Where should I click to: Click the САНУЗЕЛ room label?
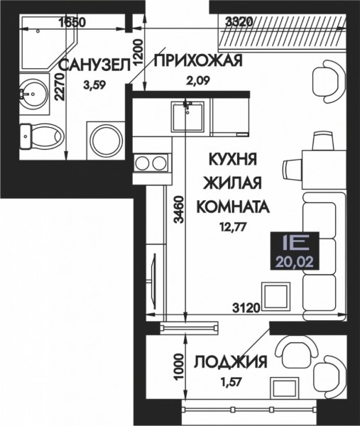tap(95, 66)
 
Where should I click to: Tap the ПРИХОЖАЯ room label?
tap(198, 60)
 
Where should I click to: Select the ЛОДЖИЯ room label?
tap(231, 361)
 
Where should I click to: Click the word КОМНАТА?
tap(233, 207)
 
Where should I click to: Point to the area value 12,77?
tap(234, 227)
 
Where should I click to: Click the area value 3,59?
tap(94, 86)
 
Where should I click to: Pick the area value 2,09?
tap(198, 80)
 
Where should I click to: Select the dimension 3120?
tap(246, 308)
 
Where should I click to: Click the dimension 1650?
tap(72, 22)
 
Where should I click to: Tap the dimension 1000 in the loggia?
tap(178, 367)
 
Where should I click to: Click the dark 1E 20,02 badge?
tap(294, 251)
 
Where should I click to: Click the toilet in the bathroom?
tap(42, 136)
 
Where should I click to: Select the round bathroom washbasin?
tap(33, 94)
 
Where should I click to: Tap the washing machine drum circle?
tap(107, 141)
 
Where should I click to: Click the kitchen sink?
tap(187, 116)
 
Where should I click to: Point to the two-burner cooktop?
tap(151, 163)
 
